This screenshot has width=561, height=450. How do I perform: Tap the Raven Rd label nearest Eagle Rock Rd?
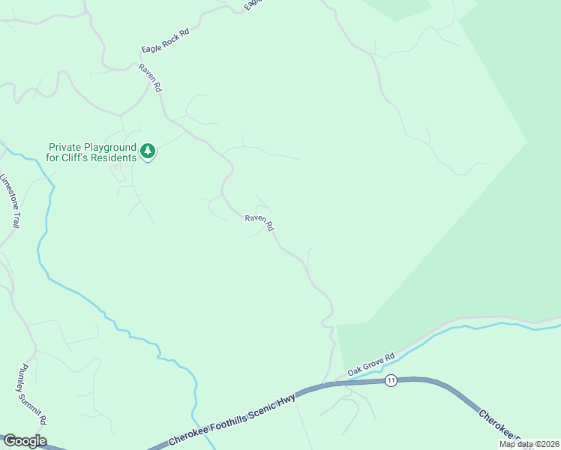(151, 78)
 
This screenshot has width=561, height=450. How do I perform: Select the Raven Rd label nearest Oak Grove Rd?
(259, 223)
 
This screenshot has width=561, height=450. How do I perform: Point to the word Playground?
(109, 148)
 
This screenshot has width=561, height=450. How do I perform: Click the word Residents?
(115, 157)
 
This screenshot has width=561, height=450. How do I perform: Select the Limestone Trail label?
(10, 201)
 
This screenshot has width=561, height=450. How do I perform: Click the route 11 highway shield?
(391, 381)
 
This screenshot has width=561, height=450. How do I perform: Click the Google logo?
(25, 441)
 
